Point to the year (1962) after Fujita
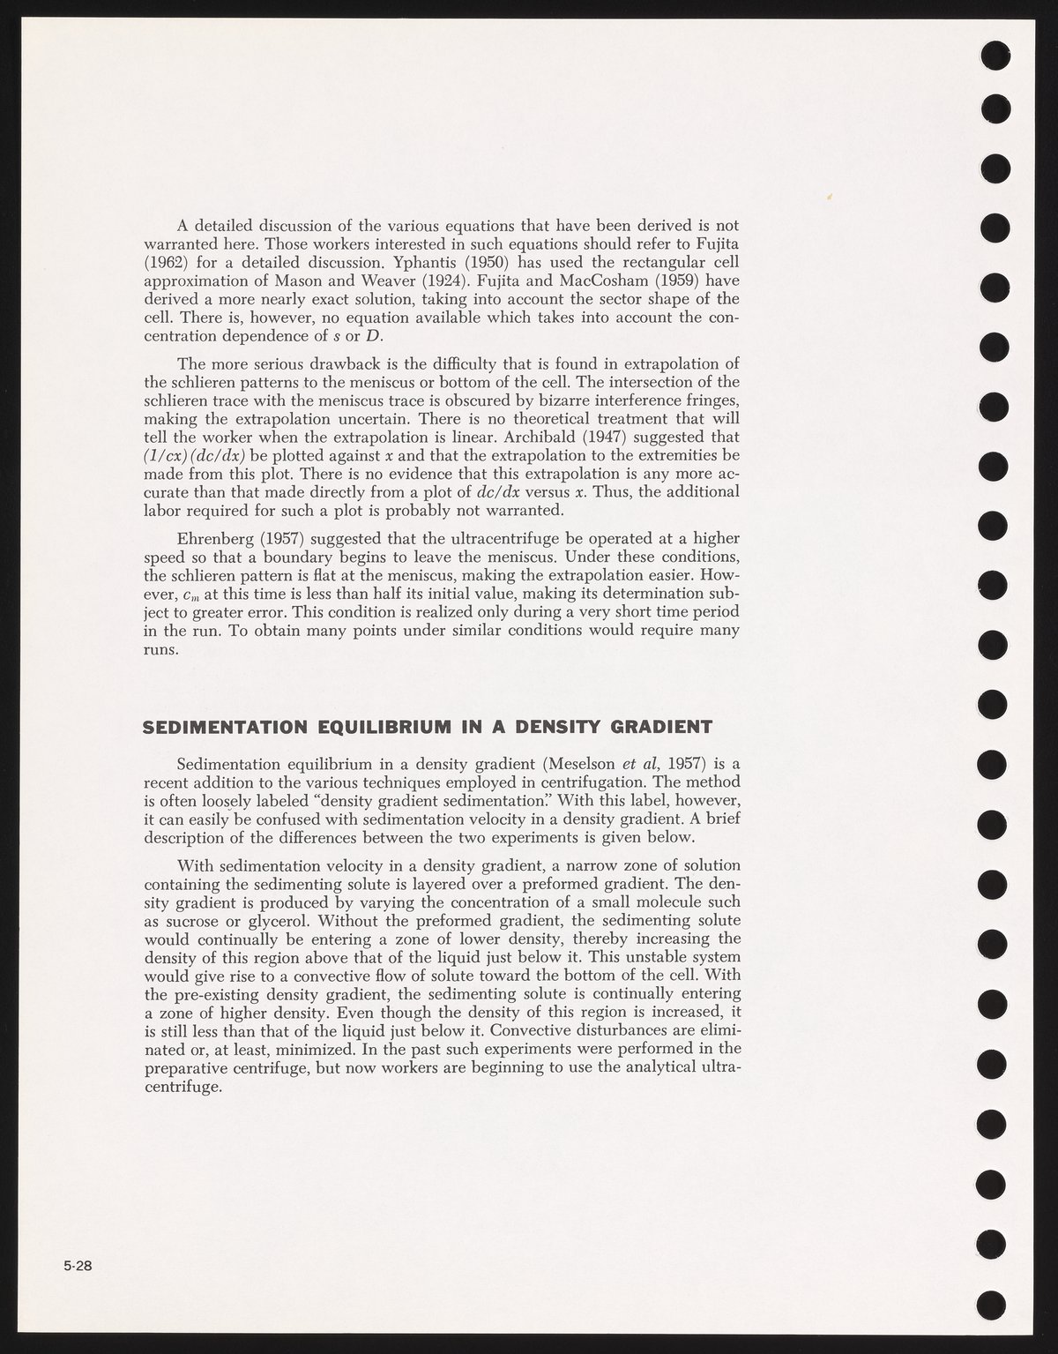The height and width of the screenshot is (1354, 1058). coord(168,260)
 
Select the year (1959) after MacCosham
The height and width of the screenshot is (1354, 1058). coord(669,277)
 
